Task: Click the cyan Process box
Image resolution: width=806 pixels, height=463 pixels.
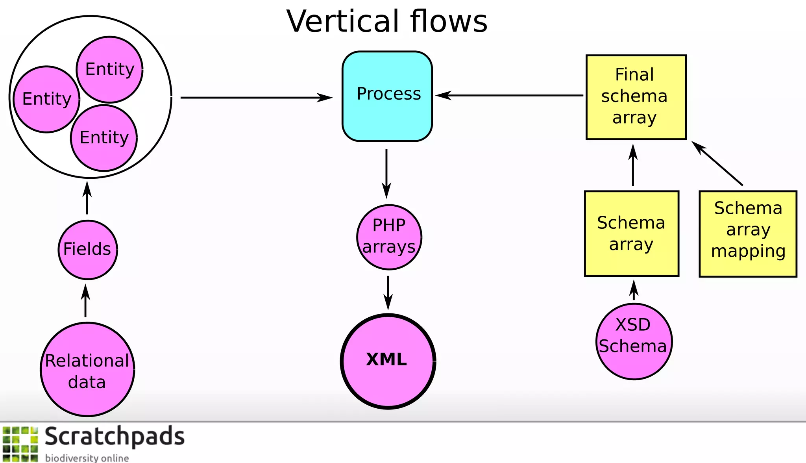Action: click(x=387, y=96)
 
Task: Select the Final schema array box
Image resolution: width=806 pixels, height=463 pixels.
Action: click(x=636, y=97)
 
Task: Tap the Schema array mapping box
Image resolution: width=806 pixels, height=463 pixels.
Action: click(x=748, y=234)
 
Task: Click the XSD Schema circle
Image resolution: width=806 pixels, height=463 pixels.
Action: click(x=634, y=341)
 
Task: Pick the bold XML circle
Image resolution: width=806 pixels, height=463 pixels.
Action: click(x=388, y=361)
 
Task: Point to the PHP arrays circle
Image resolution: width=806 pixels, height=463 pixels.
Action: click(x=389, y=237)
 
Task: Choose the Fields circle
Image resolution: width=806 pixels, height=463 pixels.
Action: click(x=87, y=250)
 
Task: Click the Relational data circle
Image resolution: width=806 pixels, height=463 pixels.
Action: click(x=87, y=369)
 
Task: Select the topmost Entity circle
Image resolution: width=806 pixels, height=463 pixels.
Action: click(x=109, y=70)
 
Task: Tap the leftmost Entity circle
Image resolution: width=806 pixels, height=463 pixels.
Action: click(x=46, y=99)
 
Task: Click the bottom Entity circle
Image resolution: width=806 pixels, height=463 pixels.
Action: click(x=104, y=138)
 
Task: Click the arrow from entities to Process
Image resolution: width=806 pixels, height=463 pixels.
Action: click(x=256, y=97)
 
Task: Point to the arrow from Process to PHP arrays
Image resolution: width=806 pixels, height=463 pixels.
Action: click(x=386, y=173)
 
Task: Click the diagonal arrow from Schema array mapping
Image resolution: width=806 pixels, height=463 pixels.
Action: click(x=717, y=163)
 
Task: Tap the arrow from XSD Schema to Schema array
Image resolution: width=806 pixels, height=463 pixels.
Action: click(x=634, y=291)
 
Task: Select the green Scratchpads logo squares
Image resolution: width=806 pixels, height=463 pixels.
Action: click(x=20, y=444)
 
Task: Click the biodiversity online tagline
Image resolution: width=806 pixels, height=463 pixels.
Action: click(x=87, y=458)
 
